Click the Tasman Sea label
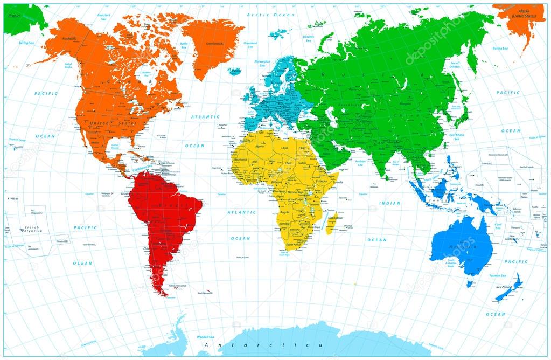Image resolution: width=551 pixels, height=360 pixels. tap(482, 275)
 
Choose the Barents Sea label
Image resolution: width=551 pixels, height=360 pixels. tap(309, 39)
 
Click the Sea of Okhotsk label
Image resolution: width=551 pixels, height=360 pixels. tap(455, 65)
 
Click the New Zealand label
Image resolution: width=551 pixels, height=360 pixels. tap(504, 287)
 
